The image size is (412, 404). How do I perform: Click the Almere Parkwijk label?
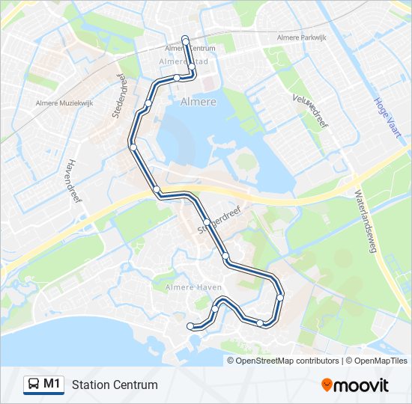tap(303, 37)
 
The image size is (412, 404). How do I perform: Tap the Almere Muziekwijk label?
tap(64, 104)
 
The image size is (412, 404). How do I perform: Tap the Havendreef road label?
tap(73, 183)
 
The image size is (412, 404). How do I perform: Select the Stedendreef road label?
tap(118, 96)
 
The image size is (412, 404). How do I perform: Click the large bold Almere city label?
tap(199, 101)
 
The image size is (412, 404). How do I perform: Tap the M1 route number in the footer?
tap(52, 384)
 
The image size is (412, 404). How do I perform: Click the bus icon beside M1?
tap(34, 385)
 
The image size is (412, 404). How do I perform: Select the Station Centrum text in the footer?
tap(115, 385)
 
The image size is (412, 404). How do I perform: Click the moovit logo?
tap(355, 385)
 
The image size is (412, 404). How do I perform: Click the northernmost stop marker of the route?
tap(185, 37)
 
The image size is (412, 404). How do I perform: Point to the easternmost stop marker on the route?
tap(280, 297)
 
